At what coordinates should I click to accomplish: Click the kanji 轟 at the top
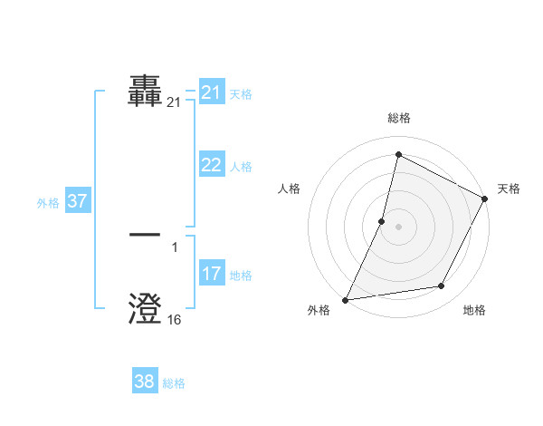click(145, 93)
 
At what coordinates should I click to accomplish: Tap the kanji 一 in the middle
click(145, 234)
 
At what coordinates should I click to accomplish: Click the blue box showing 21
click(212, 92)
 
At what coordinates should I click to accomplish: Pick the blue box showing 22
click(212, 165)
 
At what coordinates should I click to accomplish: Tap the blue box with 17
click(212, 274)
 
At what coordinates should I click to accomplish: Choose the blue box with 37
click(77, 201)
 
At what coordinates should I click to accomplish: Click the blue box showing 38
click(145, 382)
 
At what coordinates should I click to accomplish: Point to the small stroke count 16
click(174, 320)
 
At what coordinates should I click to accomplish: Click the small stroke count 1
click(174, 247)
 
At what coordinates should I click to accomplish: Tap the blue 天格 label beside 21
click(241, 94)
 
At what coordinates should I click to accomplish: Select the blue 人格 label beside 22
click(241, 167)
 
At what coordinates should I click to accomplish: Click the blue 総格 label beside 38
click(174, 383)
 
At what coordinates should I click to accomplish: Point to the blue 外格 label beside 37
click(48, 203)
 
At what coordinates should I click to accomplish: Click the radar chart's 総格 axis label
click(398, 118)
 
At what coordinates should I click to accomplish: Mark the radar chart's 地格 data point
click(442, 286)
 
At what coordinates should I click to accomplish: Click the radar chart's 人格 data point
click(382, 221)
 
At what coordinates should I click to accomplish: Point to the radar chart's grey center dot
click(398, 227)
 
